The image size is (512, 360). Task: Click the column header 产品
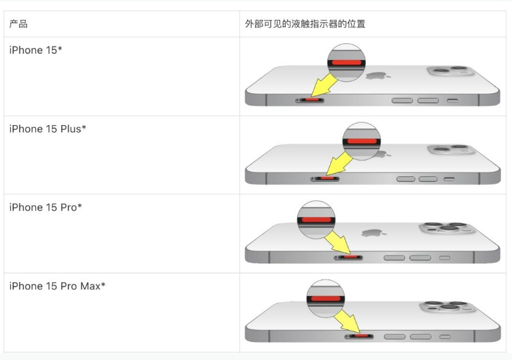pos(19,24)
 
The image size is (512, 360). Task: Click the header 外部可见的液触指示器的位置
pos(305,24)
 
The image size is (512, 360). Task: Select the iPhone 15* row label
pos(36,50)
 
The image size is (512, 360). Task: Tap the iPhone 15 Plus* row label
pos(48,128)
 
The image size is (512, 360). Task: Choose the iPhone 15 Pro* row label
pos(45,207)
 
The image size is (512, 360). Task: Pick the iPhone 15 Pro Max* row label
pos(57,286)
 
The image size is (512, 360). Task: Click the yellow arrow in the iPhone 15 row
pos(323,86)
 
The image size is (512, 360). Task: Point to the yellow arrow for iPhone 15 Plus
pos(339,164)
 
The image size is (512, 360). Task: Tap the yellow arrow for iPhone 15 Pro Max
pos(347,321)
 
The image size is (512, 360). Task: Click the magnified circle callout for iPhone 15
pos(346,63)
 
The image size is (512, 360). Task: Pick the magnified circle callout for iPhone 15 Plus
pos(362,141)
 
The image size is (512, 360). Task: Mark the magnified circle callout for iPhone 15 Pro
pos(316,220)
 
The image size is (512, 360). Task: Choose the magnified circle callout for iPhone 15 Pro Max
pos(326,299)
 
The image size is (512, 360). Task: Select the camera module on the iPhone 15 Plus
pos(451,150)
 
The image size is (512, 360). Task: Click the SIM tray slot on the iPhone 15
pos(310,100)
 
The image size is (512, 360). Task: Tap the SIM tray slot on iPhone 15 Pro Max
pos(359,336)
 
